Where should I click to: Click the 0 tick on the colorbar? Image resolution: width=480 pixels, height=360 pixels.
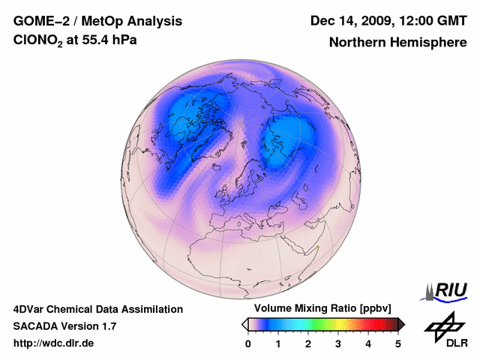click(x=248, y=343)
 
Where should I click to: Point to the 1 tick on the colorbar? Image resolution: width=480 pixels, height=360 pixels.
click(x=278, y=343)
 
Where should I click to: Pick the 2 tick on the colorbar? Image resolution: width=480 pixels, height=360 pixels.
click(x=308, y=343)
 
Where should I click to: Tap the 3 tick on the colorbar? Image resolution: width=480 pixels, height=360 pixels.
click(x=338, y=343)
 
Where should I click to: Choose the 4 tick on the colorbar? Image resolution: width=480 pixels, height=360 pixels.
click(x=368, y=343)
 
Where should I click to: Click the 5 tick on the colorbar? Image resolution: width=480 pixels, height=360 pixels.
click(x=398, y=343)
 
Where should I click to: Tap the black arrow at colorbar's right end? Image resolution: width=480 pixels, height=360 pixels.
click(x=401, y=324)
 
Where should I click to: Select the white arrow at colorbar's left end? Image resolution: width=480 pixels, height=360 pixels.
click(x=244, y=324)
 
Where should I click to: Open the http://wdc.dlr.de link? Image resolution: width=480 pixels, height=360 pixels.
click(x=54, y=343)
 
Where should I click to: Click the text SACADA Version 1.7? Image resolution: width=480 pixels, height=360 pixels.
click(x=64, y=326)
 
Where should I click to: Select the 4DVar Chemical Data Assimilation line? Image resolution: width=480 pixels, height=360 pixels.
click(x=98, y=309)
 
